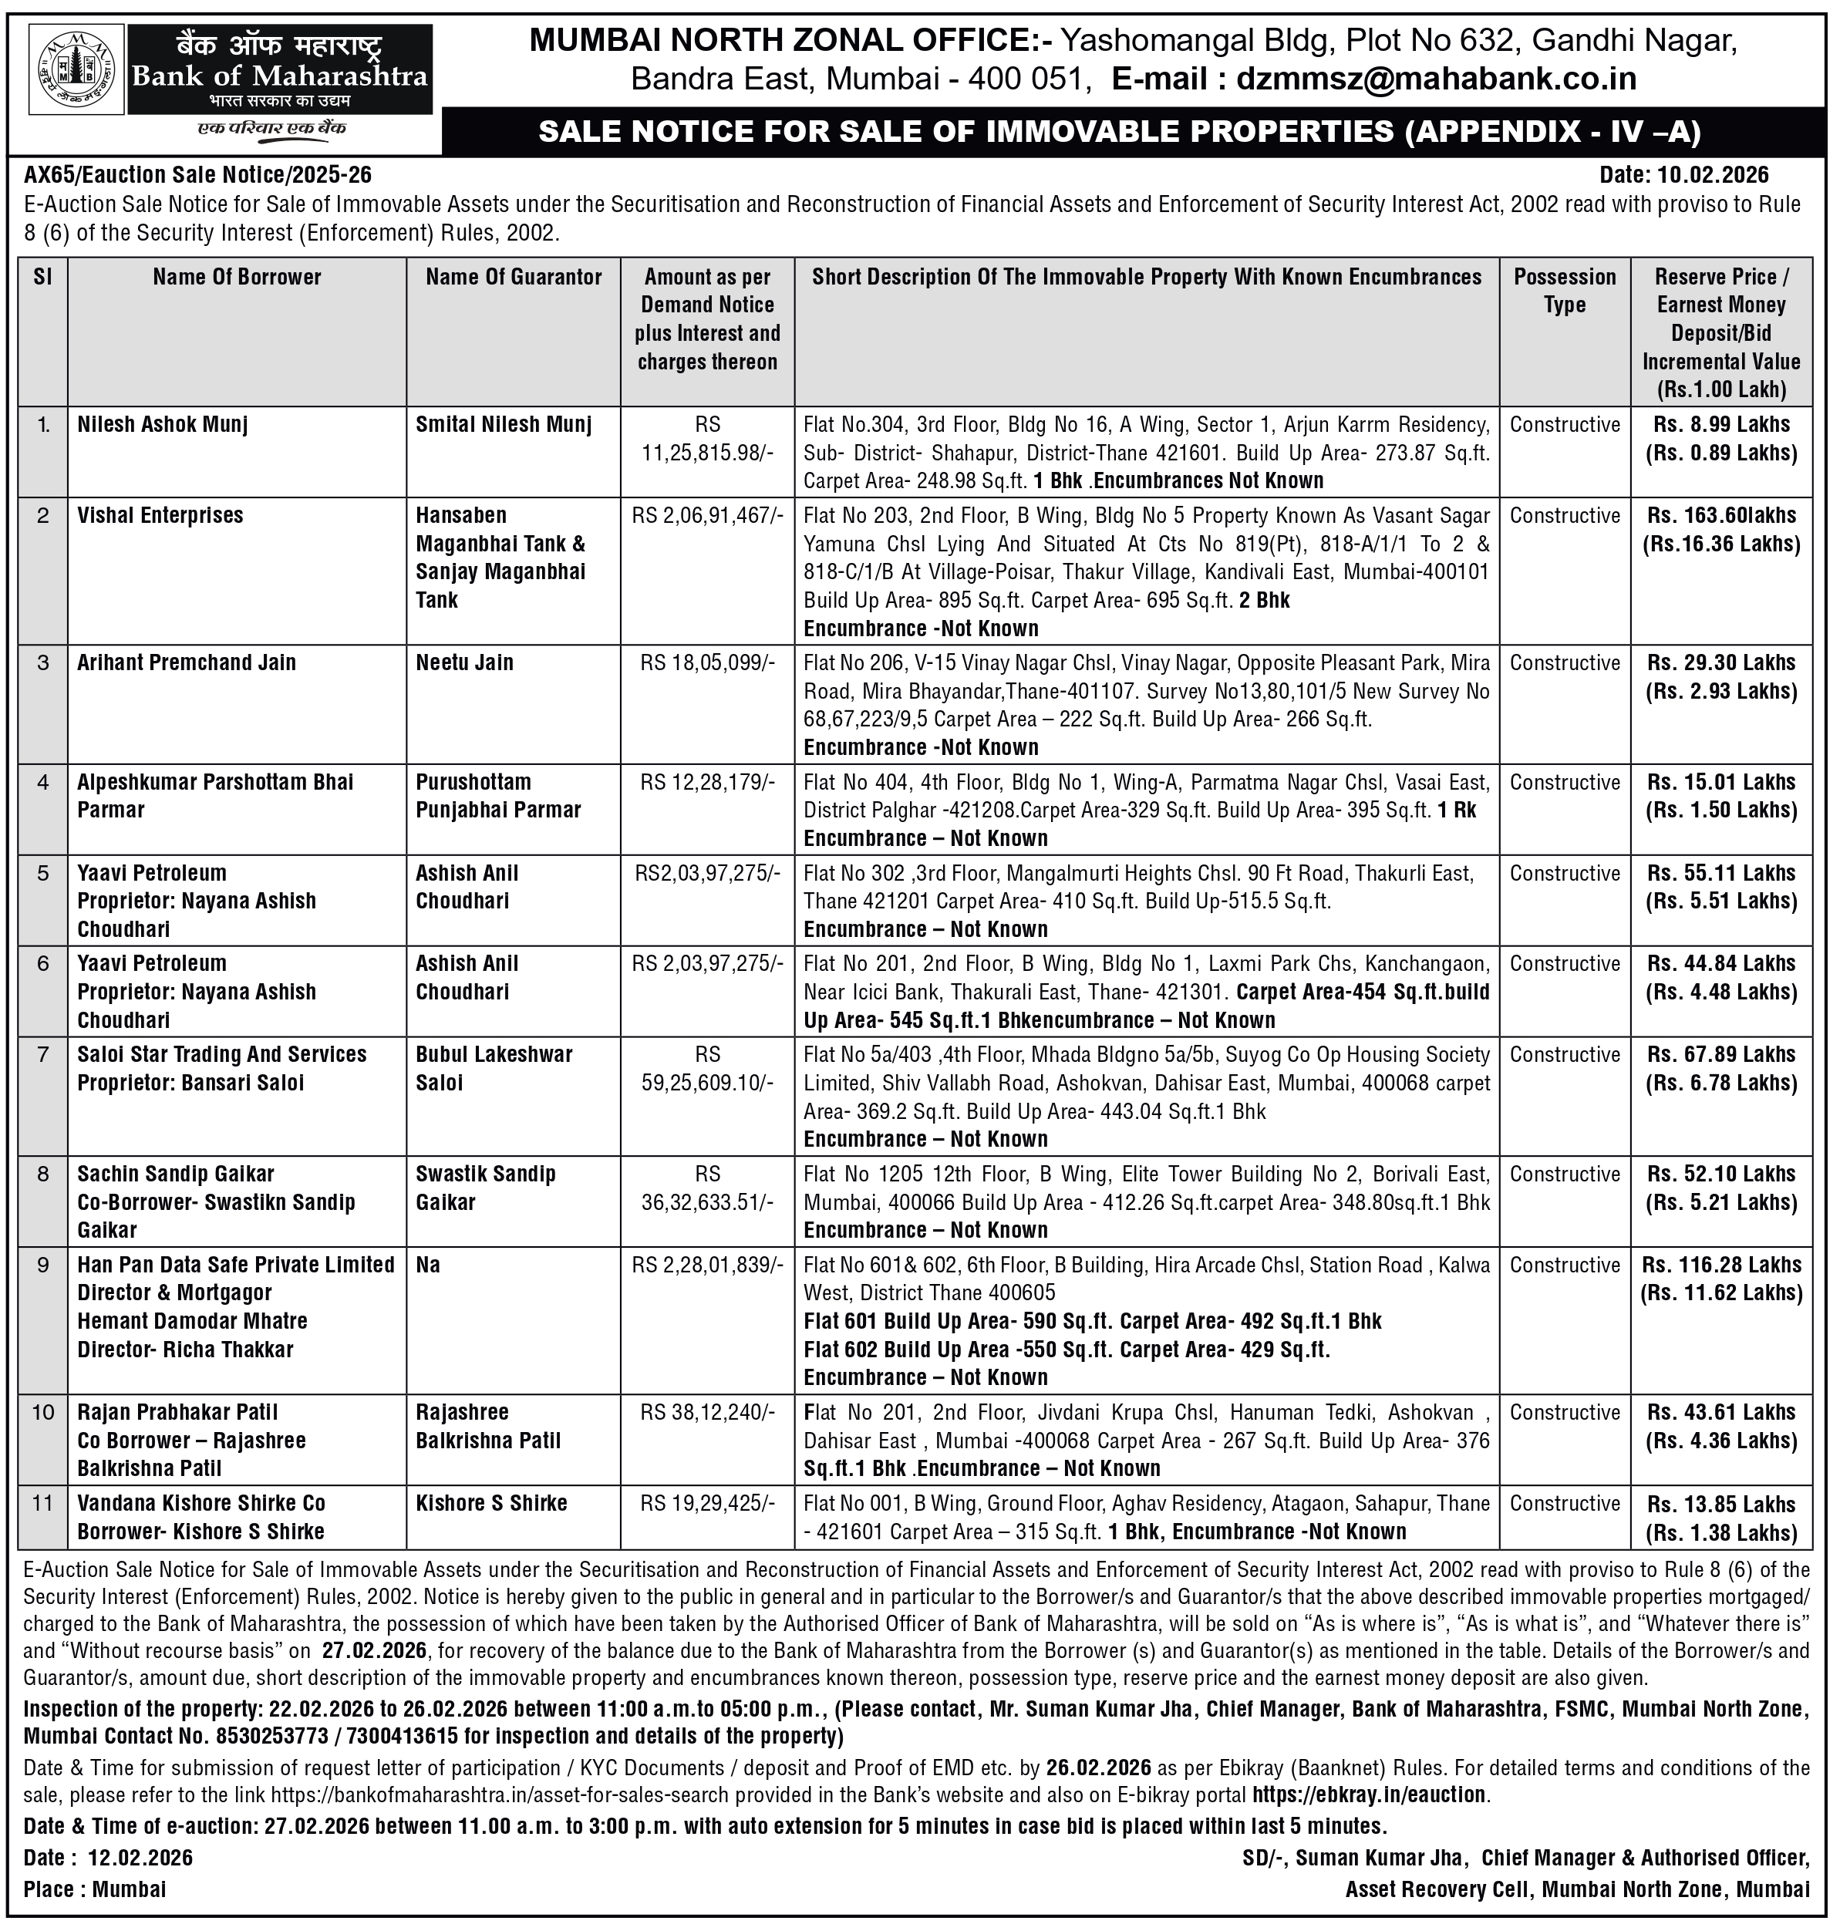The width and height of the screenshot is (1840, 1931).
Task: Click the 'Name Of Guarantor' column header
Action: (x=513, y=277)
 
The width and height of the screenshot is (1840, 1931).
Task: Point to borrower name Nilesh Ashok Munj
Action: (x=163, y=425)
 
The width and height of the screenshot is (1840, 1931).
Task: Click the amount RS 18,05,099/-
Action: (x=707, y=663)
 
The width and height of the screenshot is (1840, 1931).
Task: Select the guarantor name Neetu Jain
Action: (x=464, y=663)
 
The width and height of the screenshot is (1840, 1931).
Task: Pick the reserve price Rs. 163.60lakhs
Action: (x=1721, y=516)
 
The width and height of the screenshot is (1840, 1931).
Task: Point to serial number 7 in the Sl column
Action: (x=43, y=1054)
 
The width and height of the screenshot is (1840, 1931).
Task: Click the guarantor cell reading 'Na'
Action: (x=428, y=1265)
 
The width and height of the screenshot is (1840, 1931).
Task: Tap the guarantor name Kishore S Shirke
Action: (x=491, y=1504)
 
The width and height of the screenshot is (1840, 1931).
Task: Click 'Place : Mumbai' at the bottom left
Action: (x=95, y=1889)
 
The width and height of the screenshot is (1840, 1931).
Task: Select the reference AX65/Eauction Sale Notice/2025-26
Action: (x=198, y=174)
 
